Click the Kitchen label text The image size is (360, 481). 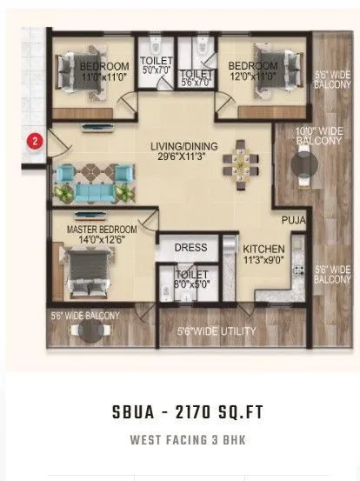(x=263, y=252)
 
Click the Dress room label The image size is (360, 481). (x=190, y=248)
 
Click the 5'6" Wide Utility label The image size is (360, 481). (x=217, y=331)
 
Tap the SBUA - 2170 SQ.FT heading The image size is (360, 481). (x=181, y=411)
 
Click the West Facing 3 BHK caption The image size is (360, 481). (x=181, y=440)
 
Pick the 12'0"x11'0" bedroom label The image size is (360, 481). (x=253, y=71)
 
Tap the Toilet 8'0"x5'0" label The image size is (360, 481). (x=190, y=277)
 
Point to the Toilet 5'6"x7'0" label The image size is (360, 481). (x=197, y=78)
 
